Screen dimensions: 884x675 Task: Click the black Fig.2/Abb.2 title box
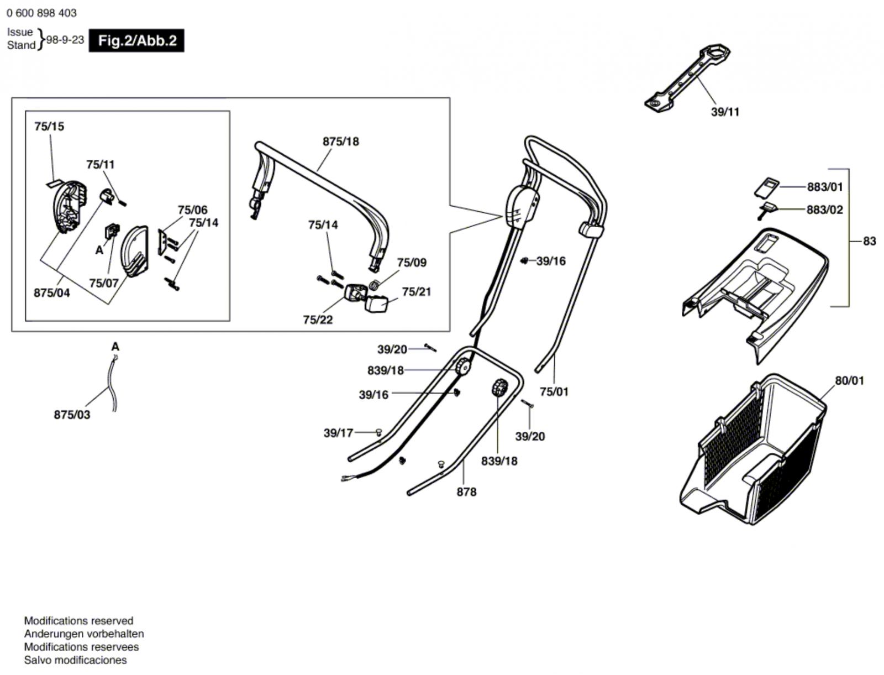136,40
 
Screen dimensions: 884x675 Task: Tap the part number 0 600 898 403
41,13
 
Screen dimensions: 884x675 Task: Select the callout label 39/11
725,112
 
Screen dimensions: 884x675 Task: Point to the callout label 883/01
825,187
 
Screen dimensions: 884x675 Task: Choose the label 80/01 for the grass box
849,380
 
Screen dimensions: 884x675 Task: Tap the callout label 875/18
341,142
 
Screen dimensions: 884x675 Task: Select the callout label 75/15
49,127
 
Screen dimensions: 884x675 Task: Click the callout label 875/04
51,293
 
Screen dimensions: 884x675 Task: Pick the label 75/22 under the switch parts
318,320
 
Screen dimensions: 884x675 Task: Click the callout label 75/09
412,263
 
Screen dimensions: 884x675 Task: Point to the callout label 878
466,492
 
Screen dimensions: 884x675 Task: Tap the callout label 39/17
338,433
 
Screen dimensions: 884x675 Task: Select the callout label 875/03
72,415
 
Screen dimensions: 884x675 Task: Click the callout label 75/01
554,392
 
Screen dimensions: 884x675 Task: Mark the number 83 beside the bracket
870,242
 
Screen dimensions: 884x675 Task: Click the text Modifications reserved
78,621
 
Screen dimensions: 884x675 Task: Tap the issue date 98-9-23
65,40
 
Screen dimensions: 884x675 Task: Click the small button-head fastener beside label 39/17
378,432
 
